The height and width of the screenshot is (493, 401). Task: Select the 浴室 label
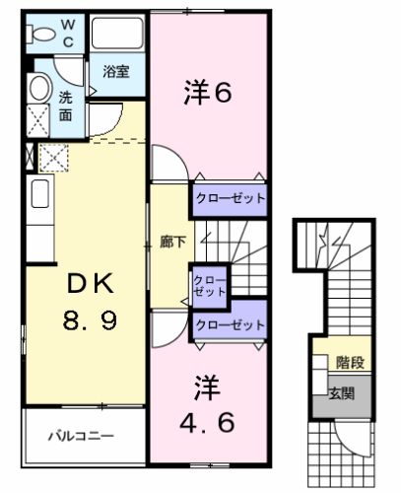click(x=116, y=71)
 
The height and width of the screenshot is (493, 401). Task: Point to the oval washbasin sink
click(x=37, y=89)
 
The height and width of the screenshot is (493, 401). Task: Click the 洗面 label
click(x=65, y=106)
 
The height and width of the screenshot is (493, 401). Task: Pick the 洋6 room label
click(x=209, y=95)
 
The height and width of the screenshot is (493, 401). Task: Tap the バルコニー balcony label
click(x=83, y=435)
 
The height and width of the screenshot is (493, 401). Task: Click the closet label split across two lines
click(x=209, y=285)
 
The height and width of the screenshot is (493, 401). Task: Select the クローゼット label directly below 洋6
click(x=230, y=198)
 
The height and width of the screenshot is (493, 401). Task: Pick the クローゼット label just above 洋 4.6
click(x=230, y=324)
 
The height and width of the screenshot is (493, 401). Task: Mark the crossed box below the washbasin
click(x=38, y=123)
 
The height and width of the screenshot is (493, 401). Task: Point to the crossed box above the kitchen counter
click(x=51, y=156)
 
